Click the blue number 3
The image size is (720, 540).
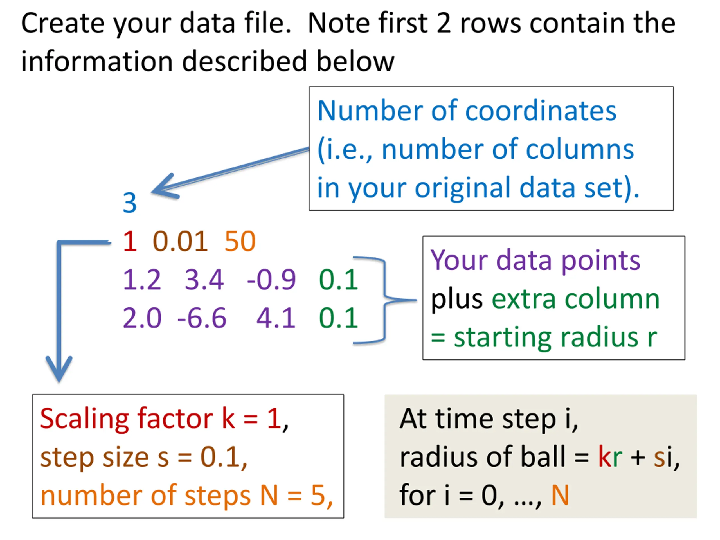point(130,202)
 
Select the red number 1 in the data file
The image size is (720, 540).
point(130,241)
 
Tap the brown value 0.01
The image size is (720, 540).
point(180,241)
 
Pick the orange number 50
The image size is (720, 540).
point(240,241)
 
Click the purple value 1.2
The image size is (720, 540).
point(142,280)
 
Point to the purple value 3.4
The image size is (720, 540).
point(204,280)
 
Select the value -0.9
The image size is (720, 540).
point(271,280)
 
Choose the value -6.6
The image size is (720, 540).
point(202,318)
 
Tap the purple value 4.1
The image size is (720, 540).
point(276,318)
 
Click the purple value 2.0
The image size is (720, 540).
point(142,318)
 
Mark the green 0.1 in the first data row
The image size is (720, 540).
point(339,280)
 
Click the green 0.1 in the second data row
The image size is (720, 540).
point(339,318)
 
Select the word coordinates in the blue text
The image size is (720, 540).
point(541,111)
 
